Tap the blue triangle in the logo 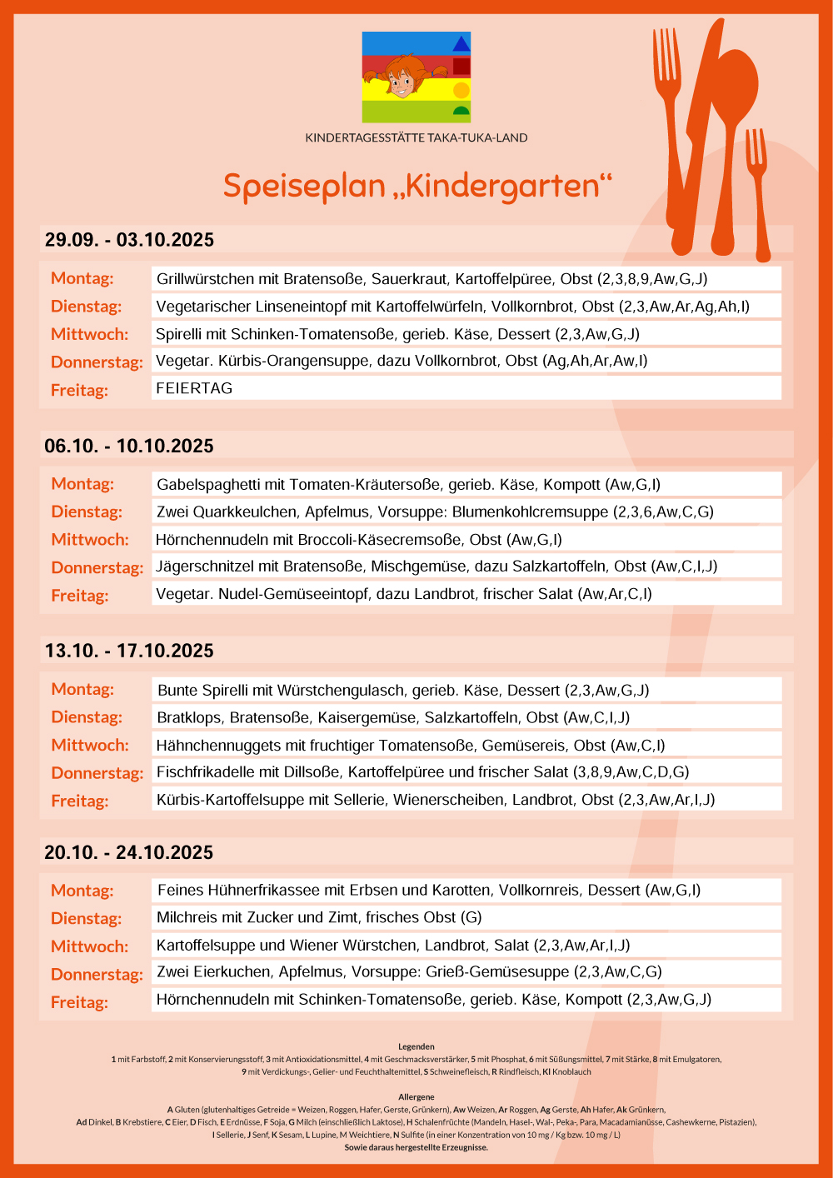coord(461,43)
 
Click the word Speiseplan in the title coord(304,186)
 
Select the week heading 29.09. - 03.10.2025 coord(129,240)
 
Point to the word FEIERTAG coord(194,388)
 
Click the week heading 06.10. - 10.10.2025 coord(129,446)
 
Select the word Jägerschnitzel coord(207,567)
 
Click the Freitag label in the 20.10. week coord(79,1002)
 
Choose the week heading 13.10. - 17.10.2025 coord(129,651)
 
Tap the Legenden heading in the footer coord(416,1046)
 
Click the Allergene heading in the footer coord(416,1097)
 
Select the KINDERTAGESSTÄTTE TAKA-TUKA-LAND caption coord(416,137)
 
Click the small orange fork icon coord(758,192)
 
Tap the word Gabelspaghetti coord(209,484)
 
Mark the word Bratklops coord(189,717)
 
